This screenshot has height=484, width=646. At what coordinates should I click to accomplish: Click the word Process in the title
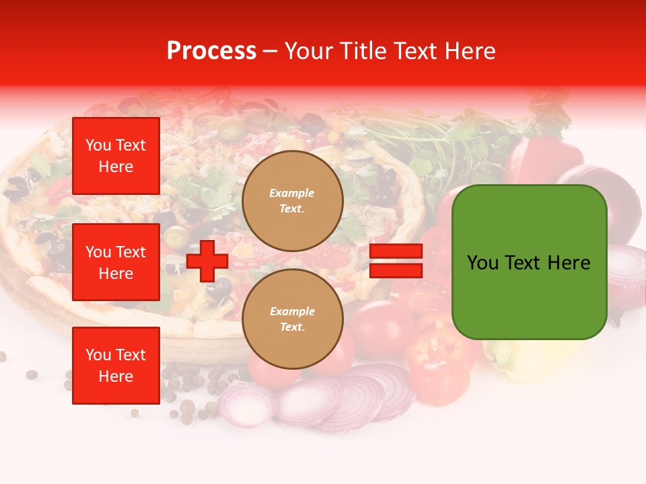(x=211, y=51)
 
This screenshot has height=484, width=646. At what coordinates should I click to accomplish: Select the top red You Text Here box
(x=116, y=156)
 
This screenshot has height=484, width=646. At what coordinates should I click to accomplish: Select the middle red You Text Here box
(x=116, y=262)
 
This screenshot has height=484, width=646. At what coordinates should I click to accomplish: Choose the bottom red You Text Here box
(x=116, y=365)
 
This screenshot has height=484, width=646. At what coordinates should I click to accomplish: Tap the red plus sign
(x=207, y=261)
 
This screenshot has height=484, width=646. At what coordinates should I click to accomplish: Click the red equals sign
(x=396, y=261)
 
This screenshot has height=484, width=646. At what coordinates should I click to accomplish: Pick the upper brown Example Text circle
(x=292, y=201)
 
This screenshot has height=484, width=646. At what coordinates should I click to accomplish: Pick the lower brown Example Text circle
(x=292, y=319)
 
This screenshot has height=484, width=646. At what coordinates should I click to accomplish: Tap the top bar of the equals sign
(x=396, y=251)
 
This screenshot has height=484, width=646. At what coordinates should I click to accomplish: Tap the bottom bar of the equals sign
(x=396, y=270)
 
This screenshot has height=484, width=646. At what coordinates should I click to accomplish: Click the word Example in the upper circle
(x=292, y=193)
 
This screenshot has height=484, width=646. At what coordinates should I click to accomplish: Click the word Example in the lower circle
(x=292, y=311)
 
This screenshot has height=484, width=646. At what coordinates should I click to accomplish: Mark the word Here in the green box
(x=570, y=263)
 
